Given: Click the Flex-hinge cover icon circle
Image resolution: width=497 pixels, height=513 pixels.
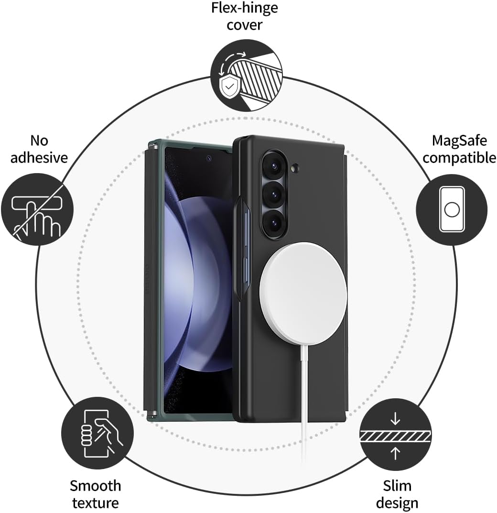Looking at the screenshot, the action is coord(246,76).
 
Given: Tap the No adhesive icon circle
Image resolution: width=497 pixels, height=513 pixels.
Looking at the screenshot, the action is coord(37,209).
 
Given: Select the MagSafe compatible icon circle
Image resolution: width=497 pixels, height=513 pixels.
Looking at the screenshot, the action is coord(452,209).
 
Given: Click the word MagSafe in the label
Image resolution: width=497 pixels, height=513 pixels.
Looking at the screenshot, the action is coord(459,141).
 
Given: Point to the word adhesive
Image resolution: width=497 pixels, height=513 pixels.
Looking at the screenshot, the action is coord(39,158).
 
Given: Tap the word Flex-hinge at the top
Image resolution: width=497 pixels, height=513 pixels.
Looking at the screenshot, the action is coord(245,8).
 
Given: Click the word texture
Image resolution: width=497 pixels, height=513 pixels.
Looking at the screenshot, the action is coord(96,502).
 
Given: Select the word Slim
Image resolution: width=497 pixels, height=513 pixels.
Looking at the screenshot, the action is coord(397,486).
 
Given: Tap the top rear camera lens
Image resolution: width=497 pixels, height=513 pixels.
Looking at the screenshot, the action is coord(274,166).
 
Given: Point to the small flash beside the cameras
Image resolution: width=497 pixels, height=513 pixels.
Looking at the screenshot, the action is coord(294,168).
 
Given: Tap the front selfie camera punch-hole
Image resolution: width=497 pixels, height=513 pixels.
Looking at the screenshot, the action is coord(209,158).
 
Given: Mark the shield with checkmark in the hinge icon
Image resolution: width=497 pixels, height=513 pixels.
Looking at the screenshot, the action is coord(230,87).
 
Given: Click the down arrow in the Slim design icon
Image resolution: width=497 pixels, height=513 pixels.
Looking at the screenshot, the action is coord(395,418).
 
